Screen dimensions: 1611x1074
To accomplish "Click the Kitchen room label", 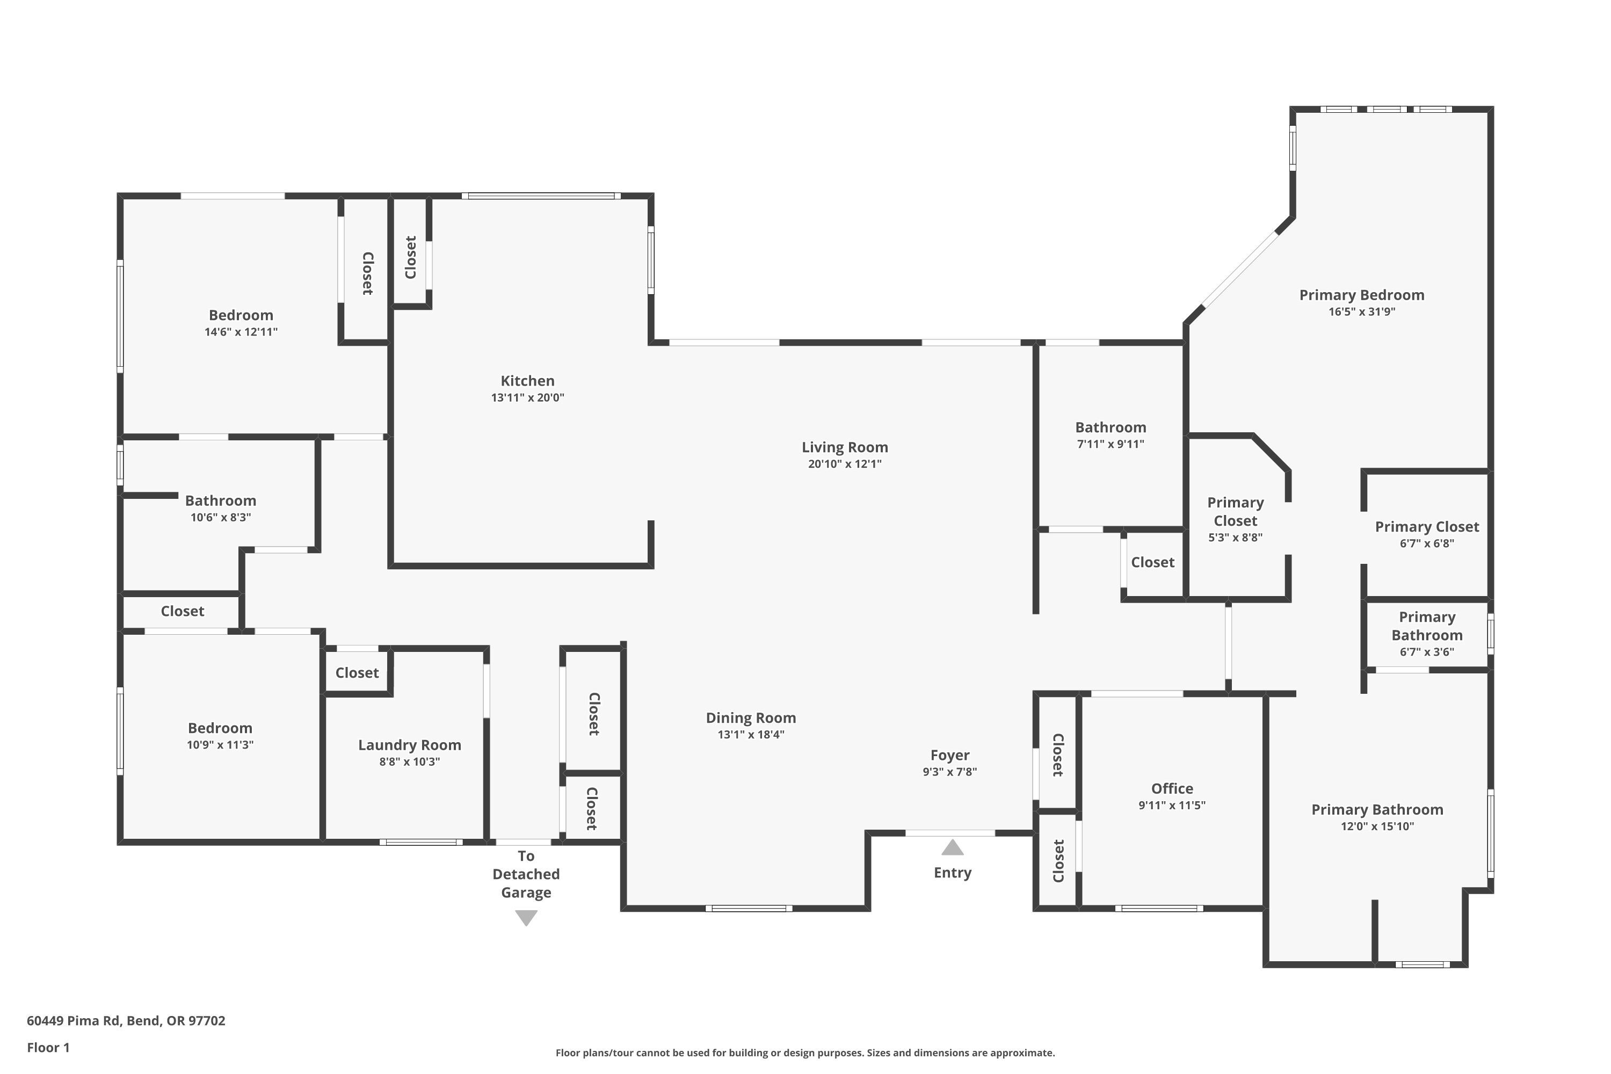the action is (x=527, y=381).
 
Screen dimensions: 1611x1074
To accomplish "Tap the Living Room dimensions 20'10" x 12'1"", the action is (x=845, y=464).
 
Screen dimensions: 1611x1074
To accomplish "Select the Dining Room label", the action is (x=751, y=718).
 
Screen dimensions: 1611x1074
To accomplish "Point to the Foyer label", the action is (x=949, y=755).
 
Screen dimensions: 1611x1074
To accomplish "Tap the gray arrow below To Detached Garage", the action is (x=526, y=918).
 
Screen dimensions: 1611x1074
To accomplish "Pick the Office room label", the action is (x=1172, y=788).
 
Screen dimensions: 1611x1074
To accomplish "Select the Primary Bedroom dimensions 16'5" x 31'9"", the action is (x=1362, y=311).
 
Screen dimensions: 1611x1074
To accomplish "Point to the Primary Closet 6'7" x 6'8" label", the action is (x=1427, y=534).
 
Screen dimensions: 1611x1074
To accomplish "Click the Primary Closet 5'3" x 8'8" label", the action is (x=1235, y=519).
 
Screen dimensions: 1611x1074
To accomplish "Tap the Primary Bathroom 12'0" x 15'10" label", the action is (x=1377, y=817).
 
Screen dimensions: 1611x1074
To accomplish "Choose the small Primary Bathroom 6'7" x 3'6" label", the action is (x=1427, y=634).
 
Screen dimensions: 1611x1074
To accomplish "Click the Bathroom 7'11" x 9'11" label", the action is (x=1111, y=435).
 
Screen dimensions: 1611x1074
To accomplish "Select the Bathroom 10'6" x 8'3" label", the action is (x=221, y=508).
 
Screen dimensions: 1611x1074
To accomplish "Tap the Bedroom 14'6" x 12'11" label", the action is (x=241, y=323).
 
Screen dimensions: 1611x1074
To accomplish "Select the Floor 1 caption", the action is (x=48, y=1047).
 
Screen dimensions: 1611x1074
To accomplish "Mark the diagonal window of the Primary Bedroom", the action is (x=1240, y=268).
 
